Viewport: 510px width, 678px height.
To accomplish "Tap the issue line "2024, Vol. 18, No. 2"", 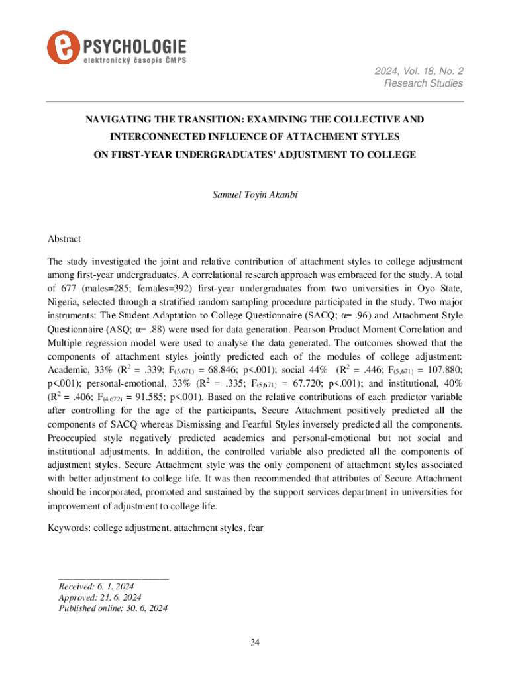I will (x=421, y=70).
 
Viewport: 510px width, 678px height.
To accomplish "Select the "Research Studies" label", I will (x=424, y=83).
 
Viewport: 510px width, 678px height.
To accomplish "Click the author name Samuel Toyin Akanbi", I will (x=255, y=195).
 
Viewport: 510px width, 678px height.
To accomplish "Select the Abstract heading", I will (x=65, y=239).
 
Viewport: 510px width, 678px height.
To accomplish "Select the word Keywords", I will (x=69, y=528).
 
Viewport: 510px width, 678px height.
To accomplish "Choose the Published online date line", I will (x=113, y=609).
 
